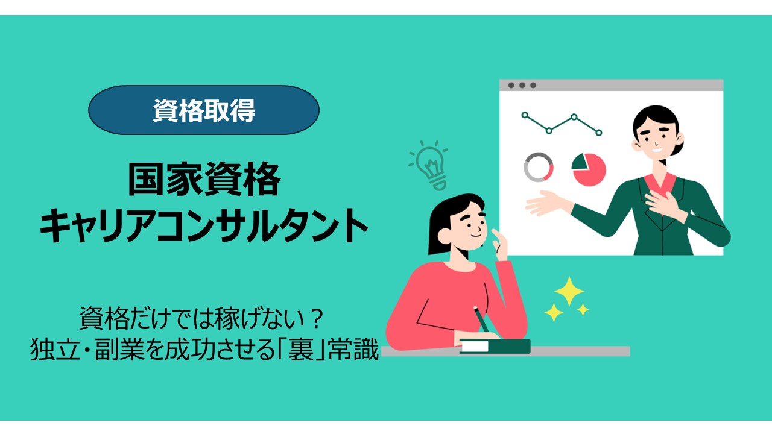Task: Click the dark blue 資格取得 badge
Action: coord(203,110)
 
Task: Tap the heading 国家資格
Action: coord(204,180)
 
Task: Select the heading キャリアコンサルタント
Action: coord(204,227)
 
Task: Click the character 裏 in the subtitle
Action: coord(313,349)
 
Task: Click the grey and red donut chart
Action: coord(539,167)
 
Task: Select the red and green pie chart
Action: coord(589,169)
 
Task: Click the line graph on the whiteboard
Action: coord(562,123)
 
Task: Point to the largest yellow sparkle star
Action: coord(569,292)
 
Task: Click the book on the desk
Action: coord(495,346)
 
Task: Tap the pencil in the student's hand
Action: coord(481,318)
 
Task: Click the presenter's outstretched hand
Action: coord(546,203)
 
